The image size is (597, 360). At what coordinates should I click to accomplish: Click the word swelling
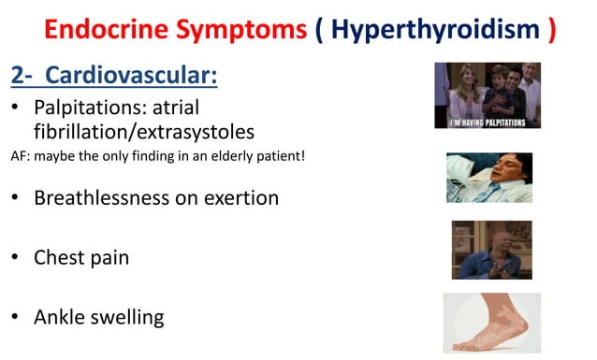131,317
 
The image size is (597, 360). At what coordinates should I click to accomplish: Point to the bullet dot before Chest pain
15,257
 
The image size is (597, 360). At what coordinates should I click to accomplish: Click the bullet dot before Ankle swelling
15,316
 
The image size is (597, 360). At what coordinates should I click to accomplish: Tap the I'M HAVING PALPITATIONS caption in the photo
487,122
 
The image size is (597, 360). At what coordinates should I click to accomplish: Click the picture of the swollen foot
491,324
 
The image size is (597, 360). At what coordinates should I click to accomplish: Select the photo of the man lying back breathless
488,178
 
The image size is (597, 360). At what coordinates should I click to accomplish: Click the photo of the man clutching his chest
491,250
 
